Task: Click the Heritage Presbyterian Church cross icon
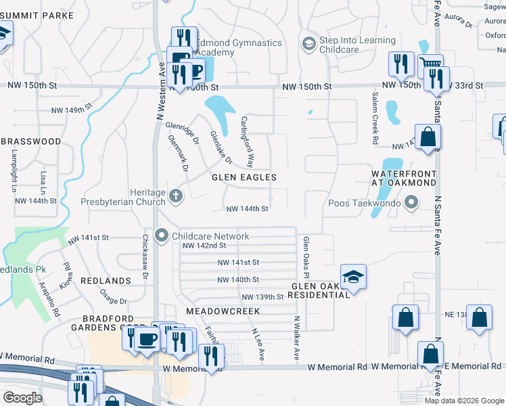tap(176, 196)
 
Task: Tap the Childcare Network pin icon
tap(162, 236)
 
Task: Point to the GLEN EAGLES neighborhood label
tap(244, 177)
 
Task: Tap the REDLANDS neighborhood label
tap(106, 280)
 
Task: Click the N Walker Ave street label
tap(296, 337)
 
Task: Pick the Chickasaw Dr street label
tap(145, 255)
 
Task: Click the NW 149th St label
tap(71, 110)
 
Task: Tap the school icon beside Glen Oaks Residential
tap(352, 277)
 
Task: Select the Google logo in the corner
tap(22, 398)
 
